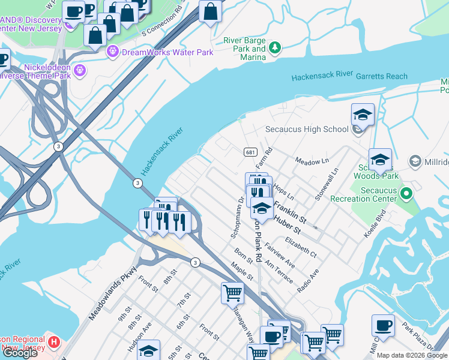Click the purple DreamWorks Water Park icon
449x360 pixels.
pyautogui.click(x=112, y=52)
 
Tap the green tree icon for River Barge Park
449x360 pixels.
pyautogui.click(x=275, y=47)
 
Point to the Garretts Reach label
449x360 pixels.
pyautogui.click(x=381, y=76)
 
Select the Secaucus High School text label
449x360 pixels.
pyautogui.click(x=307, y=129)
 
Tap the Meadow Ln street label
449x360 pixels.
pyautogui.click(x=312, y=161)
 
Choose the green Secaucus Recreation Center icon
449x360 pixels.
pyautogui.click(x=406, y=194)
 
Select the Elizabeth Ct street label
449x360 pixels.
pyautogui.click(x=301, y=247)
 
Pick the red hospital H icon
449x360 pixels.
pyautogui.click(x=54, y=343)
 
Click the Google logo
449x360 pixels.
pyautogui.click(x=20, y=353)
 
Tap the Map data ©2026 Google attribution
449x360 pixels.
pyautogui.click(x=412, y=355)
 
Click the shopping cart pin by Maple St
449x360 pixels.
pyautogui.click(x=232, y=293)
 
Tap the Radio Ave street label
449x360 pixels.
pyautogui.click(x=309, y=280)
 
